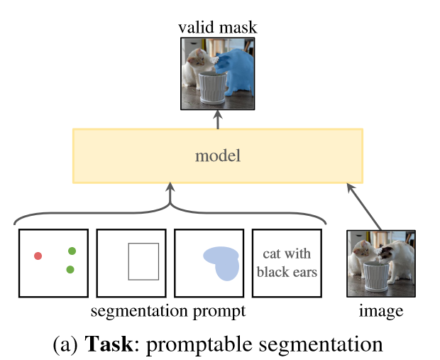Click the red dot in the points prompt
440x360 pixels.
pos(38,256)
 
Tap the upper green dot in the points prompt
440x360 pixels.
pos(72,251)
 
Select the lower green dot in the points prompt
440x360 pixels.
pos(70,269)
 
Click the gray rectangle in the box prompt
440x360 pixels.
pos(143,261)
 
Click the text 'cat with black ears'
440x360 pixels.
pos(287,262)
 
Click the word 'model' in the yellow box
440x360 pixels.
pos(217,156)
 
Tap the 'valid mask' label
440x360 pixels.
pos(217,28)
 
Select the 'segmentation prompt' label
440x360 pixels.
pos(168,311)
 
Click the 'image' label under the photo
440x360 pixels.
pos(380,311)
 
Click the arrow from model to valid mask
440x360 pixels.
pos(217,120)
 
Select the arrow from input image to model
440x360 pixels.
pos(365,207)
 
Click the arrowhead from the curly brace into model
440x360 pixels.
pos(170,188)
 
